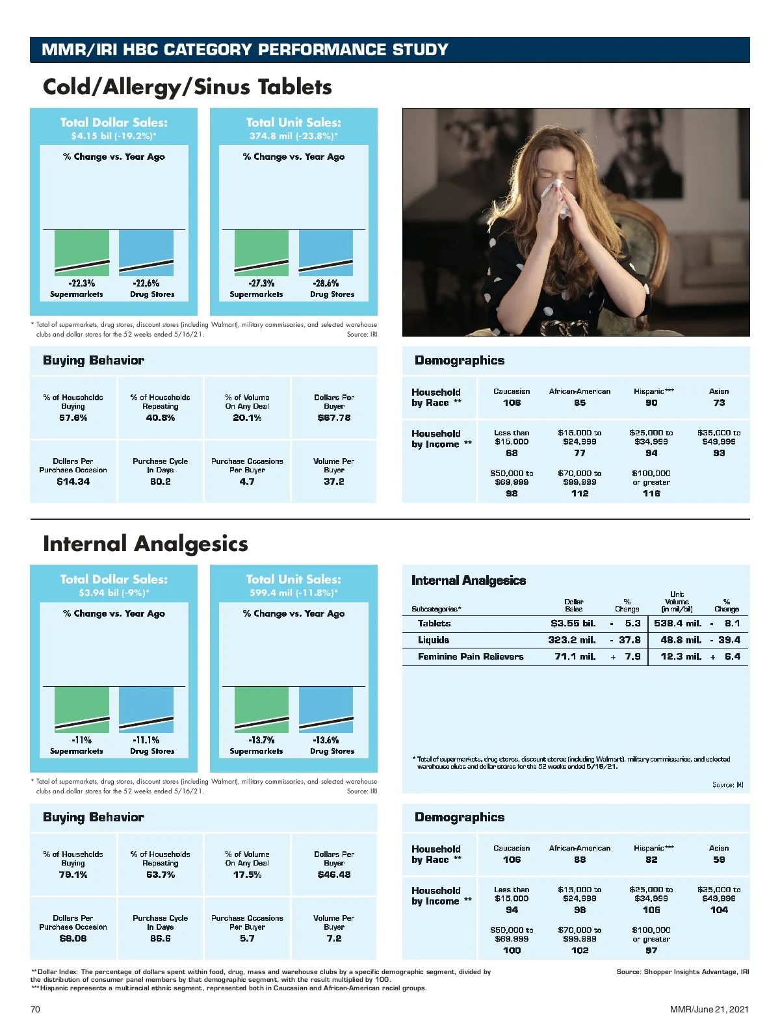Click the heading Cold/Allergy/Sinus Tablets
point(187,87)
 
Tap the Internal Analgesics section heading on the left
point(146,544)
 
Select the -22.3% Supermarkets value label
point(82,283)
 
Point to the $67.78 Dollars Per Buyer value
point(334,418)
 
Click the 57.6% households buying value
point(73,418)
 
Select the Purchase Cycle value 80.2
point(160,482)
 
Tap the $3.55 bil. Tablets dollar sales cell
point(573,623)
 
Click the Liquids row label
point(434,640)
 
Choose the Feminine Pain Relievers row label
point(471,657)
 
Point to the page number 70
point(35,1009)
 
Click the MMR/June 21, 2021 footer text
point(709,1009)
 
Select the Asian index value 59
point(719,860)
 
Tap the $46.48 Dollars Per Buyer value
point(334,875)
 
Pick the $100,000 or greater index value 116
point(651,493)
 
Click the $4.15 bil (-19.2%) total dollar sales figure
point(114,136)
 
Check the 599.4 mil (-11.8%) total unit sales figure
point(294,593)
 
